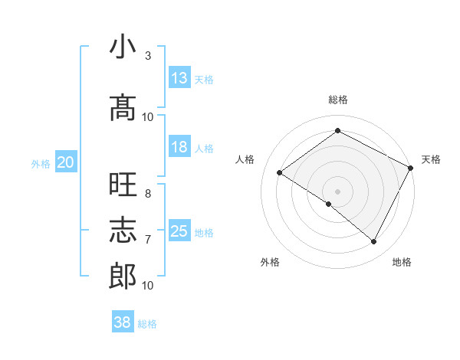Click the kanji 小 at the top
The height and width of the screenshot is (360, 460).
pos(123,47)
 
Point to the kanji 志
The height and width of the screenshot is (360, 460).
pos(123,229)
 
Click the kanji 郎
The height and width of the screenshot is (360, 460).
pos(123,276)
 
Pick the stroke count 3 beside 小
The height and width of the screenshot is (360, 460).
pos(148,56)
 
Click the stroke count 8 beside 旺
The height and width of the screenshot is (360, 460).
pos(148,194)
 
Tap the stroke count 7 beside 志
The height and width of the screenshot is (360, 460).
pos(148,240)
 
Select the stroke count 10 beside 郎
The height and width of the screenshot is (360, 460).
pos(148,286)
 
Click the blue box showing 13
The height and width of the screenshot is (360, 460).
pos(179,78)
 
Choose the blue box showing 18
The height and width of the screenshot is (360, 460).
pos(179,147)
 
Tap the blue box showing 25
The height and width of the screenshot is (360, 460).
pos(179,231)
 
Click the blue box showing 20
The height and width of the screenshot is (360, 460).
pos(66,162)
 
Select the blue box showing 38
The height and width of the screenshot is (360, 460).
pos(123,322)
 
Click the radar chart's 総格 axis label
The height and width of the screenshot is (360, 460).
pos(337,100)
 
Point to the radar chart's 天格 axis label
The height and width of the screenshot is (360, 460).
pos(431,159)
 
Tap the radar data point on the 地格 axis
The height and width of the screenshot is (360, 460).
pos(374,242)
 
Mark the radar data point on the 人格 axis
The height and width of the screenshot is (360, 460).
pos(279,173)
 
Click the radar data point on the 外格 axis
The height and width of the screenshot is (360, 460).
pos(329,204)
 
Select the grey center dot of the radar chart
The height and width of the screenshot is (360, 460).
pos(337,191)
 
